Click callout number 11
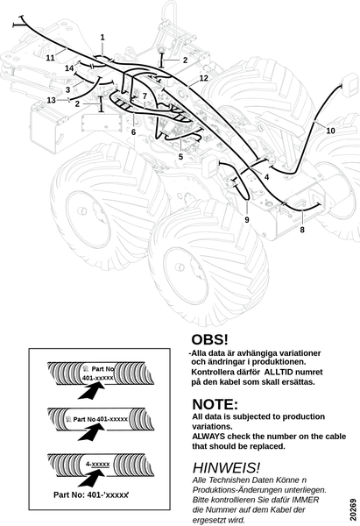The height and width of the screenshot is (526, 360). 50,58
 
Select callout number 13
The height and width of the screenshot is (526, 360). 51,100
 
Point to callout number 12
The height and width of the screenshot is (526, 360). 204,78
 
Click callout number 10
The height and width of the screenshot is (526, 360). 330,131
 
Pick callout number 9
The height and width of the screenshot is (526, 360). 247,220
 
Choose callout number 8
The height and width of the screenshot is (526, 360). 302,230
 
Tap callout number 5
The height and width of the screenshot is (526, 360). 180,157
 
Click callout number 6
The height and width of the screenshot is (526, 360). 133,132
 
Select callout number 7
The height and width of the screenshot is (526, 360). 145,96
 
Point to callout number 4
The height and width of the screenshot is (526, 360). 266,177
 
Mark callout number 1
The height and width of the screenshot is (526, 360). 102,37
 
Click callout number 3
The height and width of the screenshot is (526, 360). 68,90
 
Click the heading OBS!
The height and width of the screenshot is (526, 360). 209,339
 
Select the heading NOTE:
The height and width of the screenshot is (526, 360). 215,404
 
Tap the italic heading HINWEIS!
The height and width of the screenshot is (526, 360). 226,467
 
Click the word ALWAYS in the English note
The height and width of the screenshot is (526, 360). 208,437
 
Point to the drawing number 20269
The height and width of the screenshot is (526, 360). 353,510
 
